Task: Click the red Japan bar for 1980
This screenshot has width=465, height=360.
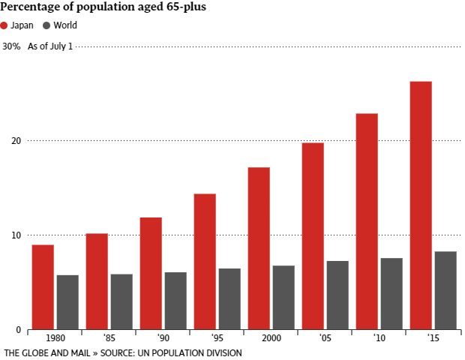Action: pos(43,287)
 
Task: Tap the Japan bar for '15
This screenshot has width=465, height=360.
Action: pos(421,205)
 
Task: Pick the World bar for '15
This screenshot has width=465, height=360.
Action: pos(445,290)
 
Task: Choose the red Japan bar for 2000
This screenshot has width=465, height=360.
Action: pos(259,248)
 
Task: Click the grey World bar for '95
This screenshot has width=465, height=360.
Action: pos(229,299)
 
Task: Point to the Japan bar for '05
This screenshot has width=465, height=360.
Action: pos(313,236)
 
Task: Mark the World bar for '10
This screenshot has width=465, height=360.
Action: pos(391,294)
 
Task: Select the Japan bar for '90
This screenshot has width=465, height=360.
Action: pos(151,274)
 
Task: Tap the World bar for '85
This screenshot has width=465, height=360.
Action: pos(121,302)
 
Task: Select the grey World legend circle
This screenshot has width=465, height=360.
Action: pos(46,25)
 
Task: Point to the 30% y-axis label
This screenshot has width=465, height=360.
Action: pos(11,46)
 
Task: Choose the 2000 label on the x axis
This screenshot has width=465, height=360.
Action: pos(271,338)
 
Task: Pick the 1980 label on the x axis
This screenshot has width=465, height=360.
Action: pos(55,338)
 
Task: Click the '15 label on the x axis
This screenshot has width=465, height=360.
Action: pos(433,338)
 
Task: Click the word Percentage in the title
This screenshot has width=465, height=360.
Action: pos(31,7)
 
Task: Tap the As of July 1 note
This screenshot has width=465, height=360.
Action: pos(50,46)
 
